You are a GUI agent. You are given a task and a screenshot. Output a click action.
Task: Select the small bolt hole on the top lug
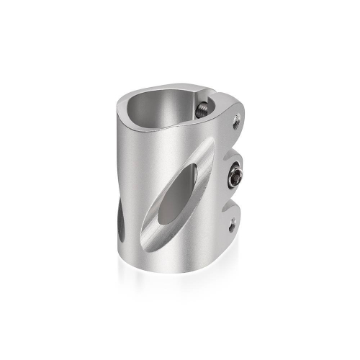[235, 124]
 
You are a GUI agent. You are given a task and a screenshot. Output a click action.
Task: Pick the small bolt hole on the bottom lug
[232, 226]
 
